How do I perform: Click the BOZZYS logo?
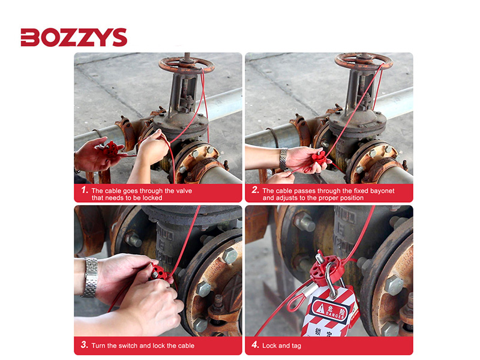[74, 38]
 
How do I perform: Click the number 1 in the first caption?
[84, 190]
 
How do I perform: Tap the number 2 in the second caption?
[255, 190]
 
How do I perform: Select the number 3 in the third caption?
[84, 345]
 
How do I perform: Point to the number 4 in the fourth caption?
[255, 345]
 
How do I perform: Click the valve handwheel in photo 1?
[186, 63]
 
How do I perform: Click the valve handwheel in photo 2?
[363, 61]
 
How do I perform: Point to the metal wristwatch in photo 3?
[90, 277]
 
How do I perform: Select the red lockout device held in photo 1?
[112, 149]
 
